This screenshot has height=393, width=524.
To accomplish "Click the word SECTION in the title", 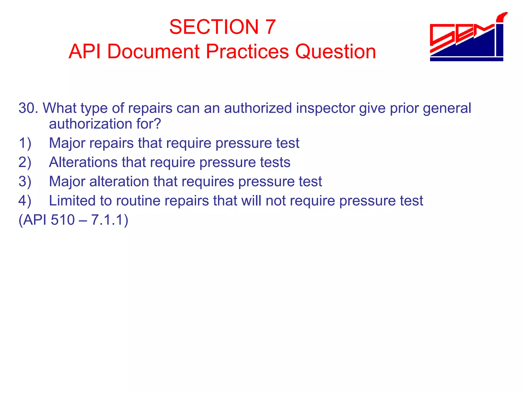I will point(214,27).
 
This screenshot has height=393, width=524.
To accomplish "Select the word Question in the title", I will point(335,52).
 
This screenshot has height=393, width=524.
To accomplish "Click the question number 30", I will point(27,108).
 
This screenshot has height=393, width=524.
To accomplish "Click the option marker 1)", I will point(25,143).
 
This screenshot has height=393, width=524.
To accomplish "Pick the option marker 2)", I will point(25,162).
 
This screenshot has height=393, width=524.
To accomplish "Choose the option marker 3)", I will point(25,181).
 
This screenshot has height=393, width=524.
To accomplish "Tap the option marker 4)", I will point(25,201).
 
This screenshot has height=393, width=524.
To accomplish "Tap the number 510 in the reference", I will point(63,220).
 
